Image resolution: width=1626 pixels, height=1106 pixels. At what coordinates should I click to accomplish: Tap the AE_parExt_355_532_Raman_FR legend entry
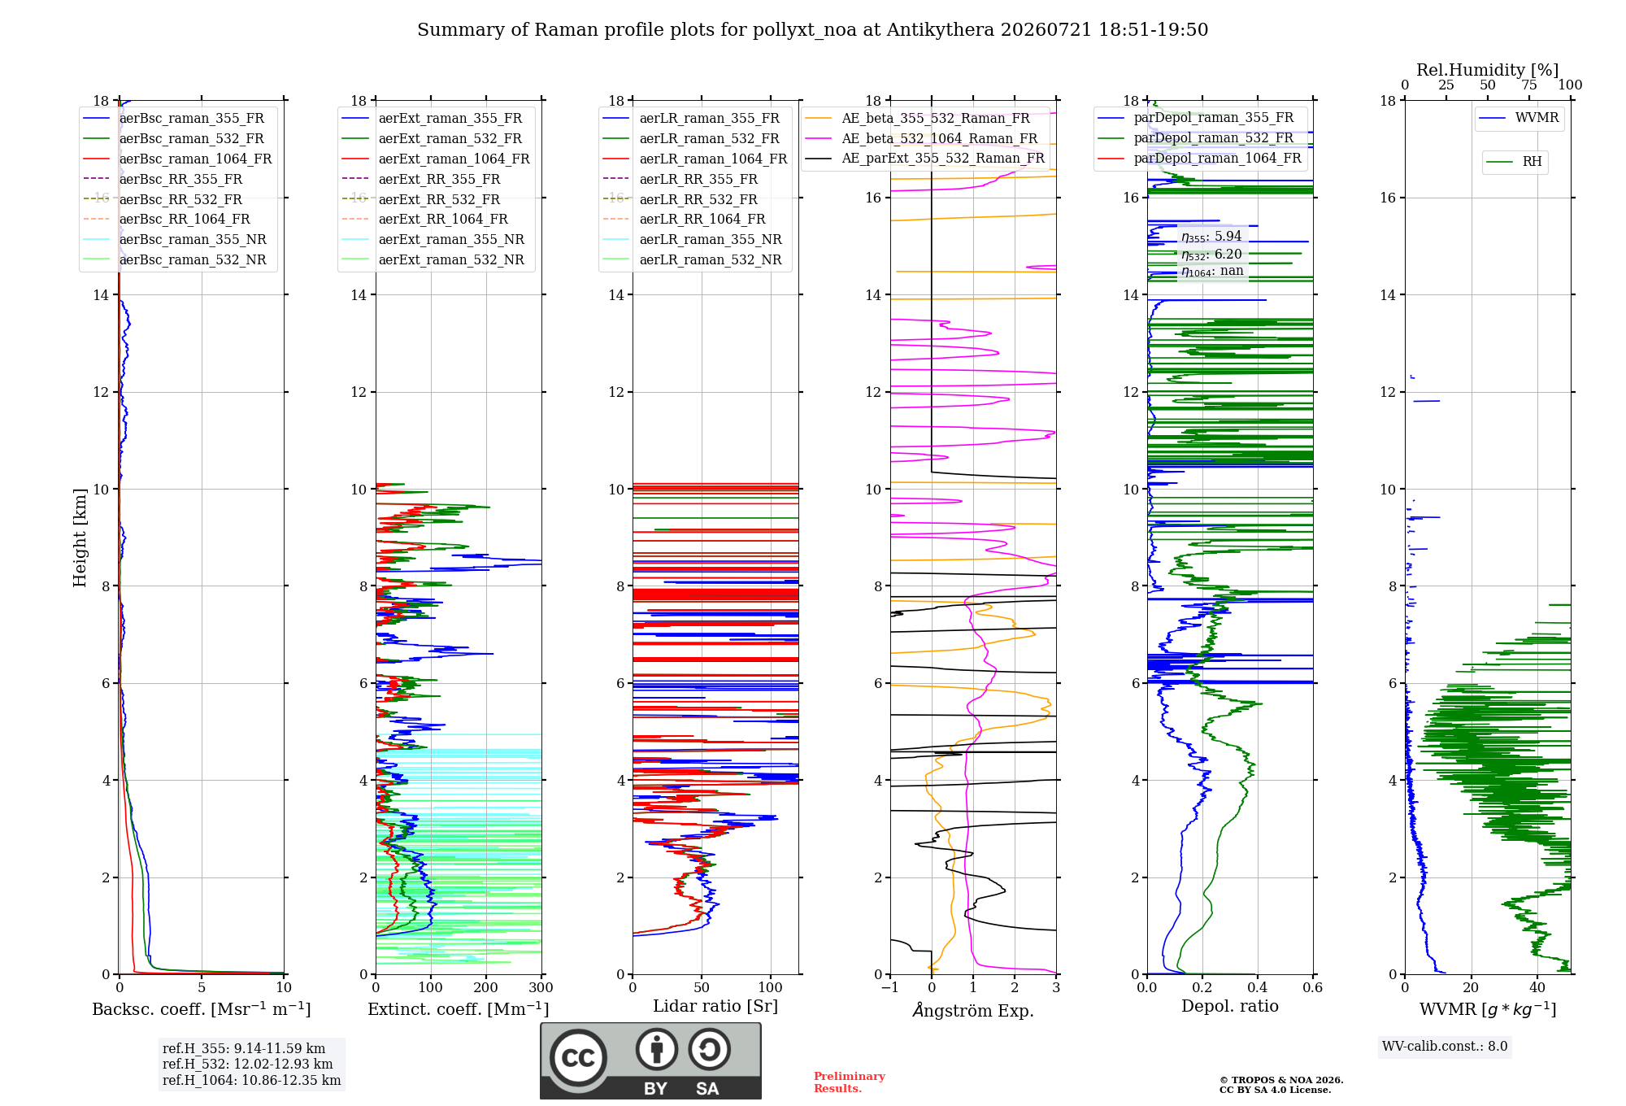point(925,158)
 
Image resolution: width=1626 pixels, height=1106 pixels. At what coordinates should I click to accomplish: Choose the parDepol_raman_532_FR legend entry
point(1195,137)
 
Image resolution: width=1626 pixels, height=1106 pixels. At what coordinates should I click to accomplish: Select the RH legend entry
point(1514,162)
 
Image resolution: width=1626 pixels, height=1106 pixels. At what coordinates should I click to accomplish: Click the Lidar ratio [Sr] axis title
point(715,1006)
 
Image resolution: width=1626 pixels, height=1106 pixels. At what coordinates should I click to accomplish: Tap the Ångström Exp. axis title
point(973,1010)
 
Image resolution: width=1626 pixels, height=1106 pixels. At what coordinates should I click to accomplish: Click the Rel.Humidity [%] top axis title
point(1488,70)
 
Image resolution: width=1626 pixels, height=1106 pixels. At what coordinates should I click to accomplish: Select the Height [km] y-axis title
point(80,538)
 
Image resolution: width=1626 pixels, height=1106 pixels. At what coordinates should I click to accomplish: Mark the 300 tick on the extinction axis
point(541,987)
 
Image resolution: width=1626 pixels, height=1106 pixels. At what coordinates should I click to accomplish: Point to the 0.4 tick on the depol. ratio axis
point(1258,987)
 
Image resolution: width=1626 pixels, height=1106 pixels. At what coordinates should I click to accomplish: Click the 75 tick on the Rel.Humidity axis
point(1529,85)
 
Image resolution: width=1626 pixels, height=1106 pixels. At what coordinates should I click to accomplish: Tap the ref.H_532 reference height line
point(248,1064)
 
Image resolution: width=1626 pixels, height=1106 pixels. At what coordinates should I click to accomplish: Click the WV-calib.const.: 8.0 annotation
point(1445,1047)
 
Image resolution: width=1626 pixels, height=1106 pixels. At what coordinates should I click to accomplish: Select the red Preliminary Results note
point(850,1082)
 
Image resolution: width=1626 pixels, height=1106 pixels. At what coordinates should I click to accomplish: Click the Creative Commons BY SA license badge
point(651,1061)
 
